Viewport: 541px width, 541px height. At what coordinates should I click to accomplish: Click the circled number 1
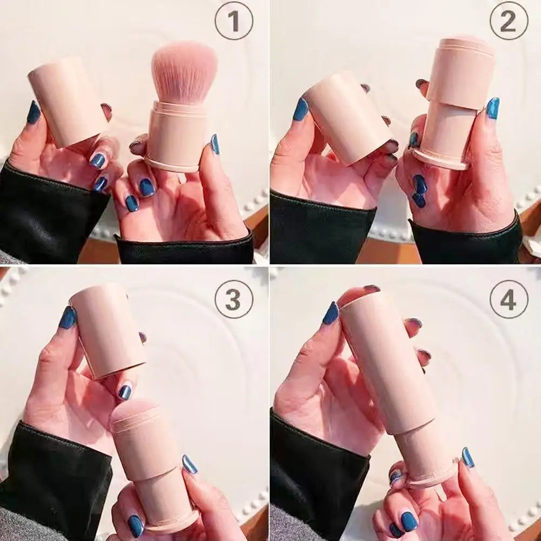[234, 21]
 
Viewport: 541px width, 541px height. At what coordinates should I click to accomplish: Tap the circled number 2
[509, 21]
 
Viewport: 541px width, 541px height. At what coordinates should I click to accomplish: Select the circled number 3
[234, 299]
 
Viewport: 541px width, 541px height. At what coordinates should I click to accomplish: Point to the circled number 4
[509, 299]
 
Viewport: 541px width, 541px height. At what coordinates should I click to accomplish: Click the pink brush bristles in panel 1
[184, 72]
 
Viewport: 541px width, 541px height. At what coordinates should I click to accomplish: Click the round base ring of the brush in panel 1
[172, 164]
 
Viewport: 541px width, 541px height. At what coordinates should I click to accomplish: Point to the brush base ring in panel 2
[441, 159]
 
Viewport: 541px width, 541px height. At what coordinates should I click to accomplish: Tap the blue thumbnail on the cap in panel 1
[34, 112]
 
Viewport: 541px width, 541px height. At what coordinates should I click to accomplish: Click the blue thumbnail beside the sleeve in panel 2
[493, 108]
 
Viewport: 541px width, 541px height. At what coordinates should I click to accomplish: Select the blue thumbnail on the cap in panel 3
[67, 317]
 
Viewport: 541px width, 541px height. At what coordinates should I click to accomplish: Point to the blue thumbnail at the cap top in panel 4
[331, 313]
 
